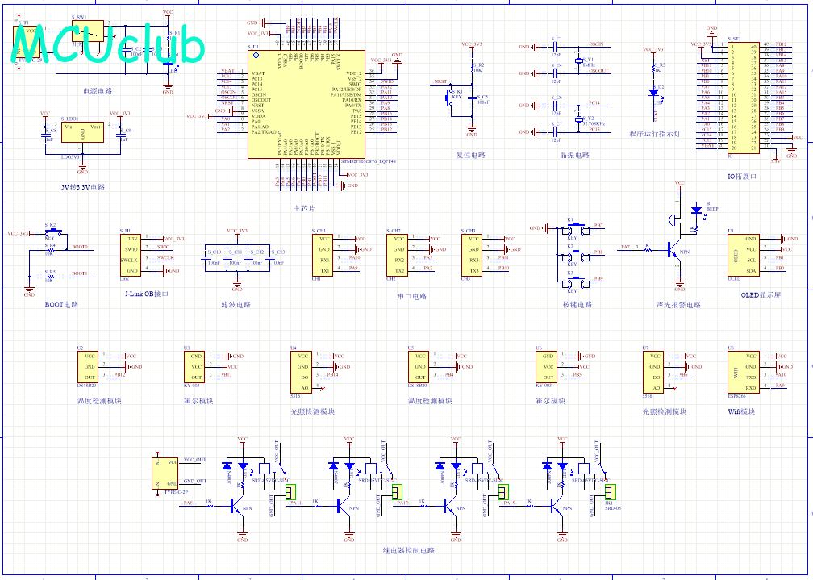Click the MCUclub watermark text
109,44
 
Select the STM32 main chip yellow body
306,105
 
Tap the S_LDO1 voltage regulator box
82,134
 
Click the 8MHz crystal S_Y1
578,61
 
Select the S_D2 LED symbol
653,92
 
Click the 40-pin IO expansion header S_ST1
743,98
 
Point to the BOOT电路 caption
62,305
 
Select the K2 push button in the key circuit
573,257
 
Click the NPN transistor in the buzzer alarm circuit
674,250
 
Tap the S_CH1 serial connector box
323,254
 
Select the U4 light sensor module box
302,370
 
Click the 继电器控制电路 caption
408,551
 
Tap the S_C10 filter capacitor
215,257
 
